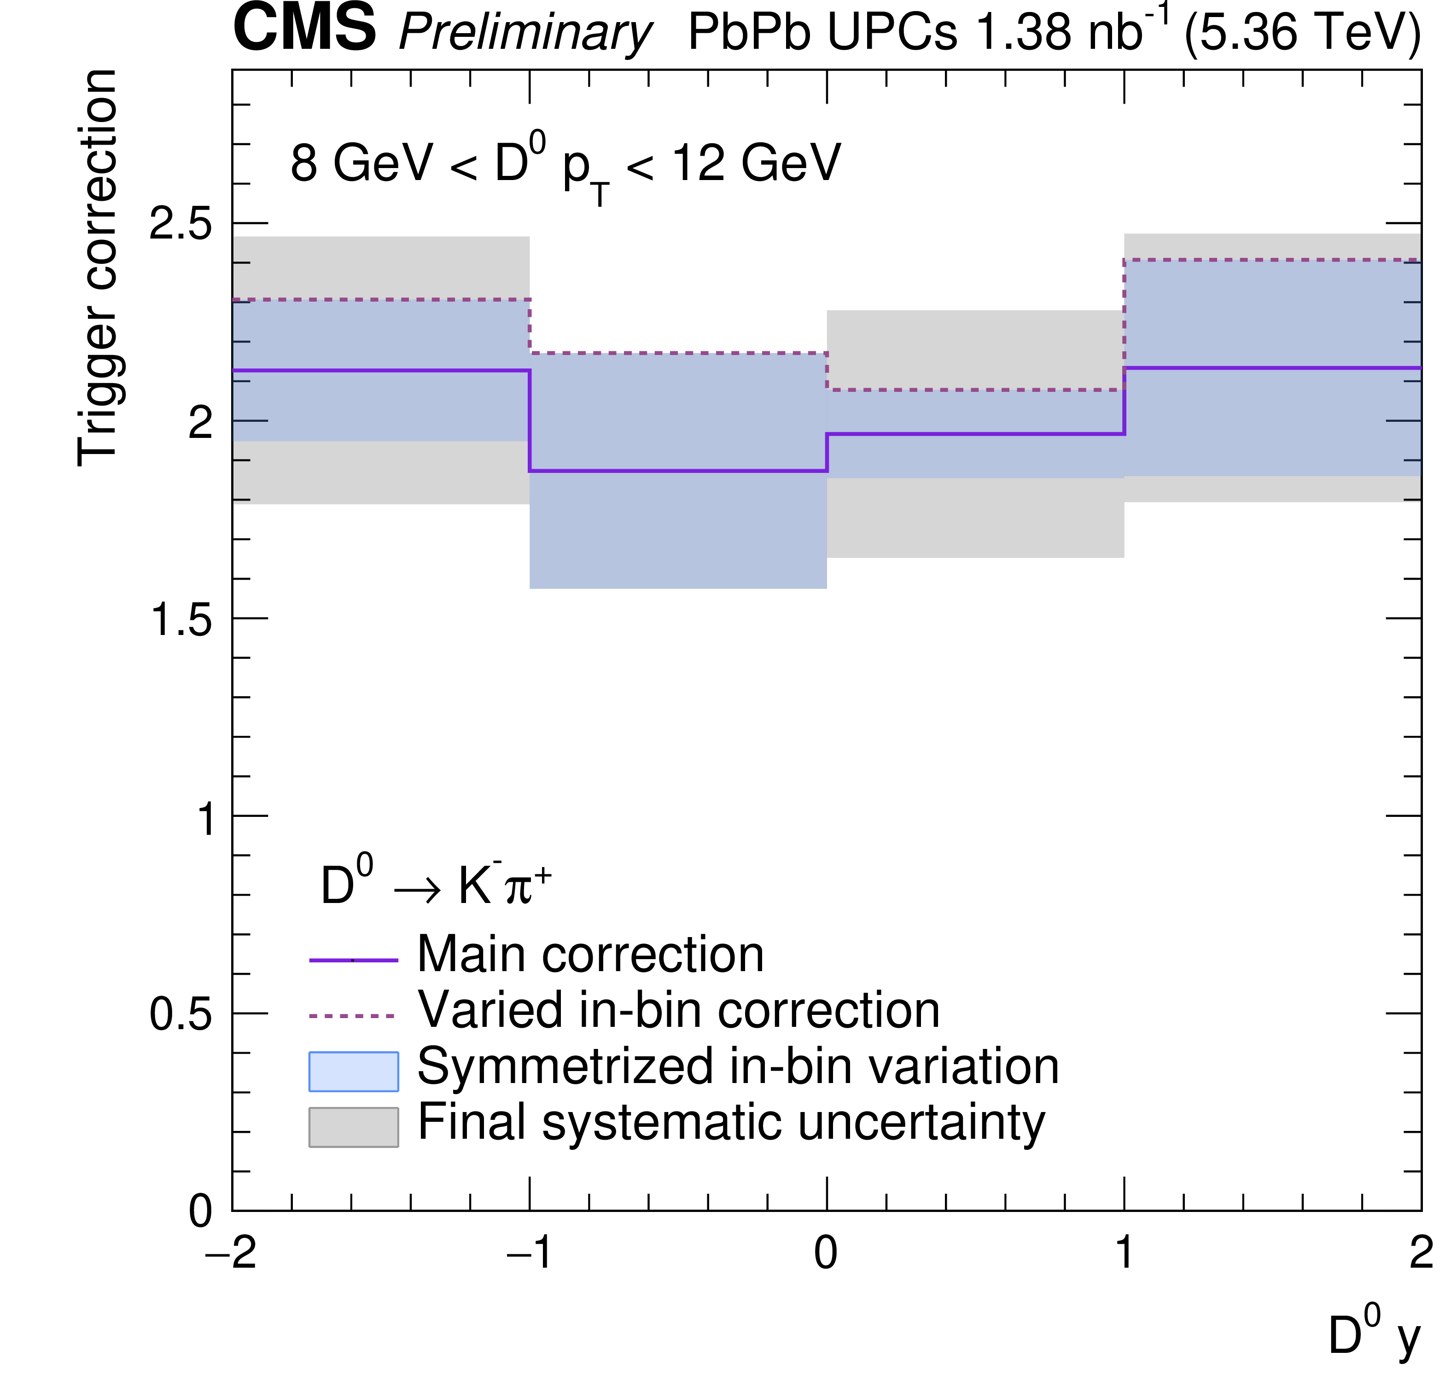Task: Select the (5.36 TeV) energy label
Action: point(1302,33)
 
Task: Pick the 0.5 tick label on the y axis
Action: point(180,1013)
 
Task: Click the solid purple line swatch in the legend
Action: point(353,961)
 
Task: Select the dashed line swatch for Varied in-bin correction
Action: point(353,1016)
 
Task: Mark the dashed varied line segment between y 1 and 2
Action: point(1272,260)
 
